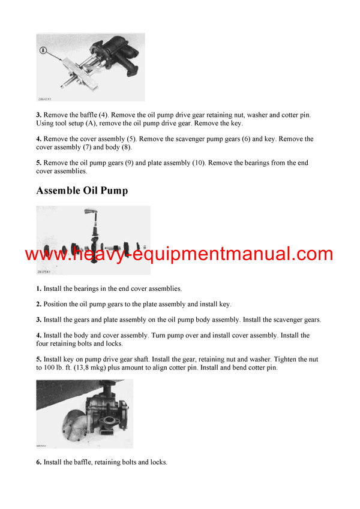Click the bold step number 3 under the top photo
[38, 115]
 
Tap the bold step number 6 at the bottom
[38, 462]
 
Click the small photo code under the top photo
[45, 98]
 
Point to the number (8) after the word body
[124, 147]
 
